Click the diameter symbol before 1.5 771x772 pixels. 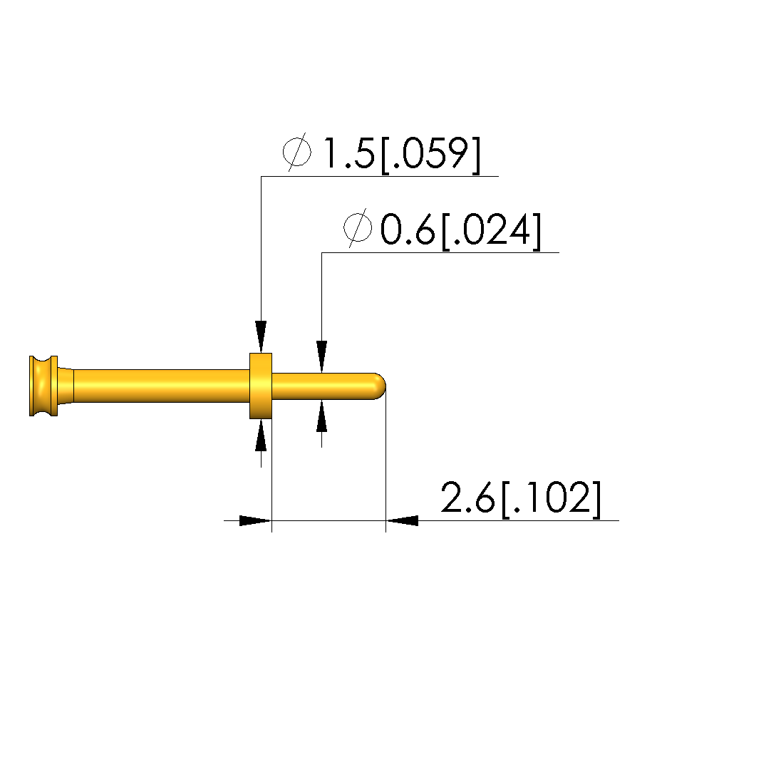point(296,152)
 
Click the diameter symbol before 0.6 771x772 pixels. point(358,228)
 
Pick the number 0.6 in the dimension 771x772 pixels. point(408,230)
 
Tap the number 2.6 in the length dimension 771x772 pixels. point(467,498)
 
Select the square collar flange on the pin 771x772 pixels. point(261,386)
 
